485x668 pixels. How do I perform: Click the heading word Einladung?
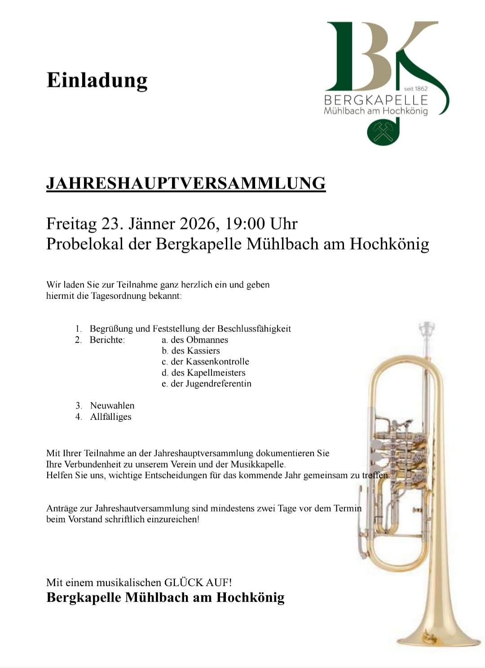coord(97,80)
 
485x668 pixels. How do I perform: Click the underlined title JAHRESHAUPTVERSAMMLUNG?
coord(185,183)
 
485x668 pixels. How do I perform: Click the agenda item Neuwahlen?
coord(112,405)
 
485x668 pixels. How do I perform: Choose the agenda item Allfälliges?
coord(110,417)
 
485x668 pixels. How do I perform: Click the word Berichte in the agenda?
coord(107,340)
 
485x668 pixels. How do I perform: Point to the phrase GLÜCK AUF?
coord(198,583)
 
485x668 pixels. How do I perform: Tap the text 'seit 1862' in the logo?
coord(416,89)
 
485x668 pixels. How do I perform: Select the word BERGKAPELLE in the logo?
coord(375,99)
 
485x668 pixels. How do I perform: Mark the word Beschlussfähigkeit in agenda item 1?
coord(254,329)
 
